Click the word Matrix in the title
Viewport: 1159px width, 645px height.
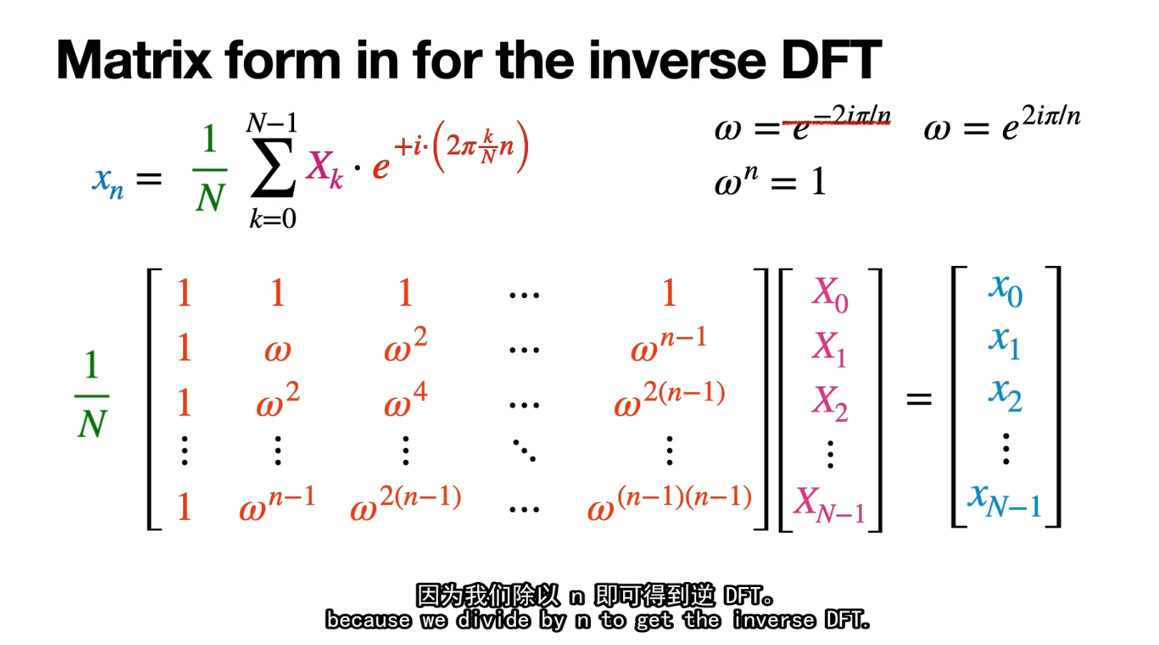(x=135, y=60)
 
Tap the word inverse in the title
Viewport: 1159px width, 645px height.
(x=678, y=60)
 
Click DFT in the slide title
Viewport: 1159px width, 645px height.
(x=831, y=60)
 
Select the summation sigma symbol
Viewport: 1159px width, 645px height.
(x=273, y=168)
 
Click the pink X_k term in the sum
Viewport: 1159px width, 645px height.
(x=324, y=169)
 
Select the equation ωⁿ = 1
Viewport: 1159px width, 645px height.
(x=771, y=181)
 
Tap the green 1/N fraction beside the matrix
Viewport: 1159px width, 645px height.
(x=92, y=394)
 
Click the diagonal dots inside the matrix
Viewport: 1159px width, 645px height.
(x=524, y=450)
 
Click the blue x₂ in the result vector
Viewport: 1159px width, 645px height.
(x=1004, y=395)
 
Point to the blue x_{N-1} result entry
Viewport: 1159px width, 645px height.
(x=1004, y=501)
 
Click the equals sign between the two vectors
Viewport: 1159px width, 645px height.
(x=919, y=399)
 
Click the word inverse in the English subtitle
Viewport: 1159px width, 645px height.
(x=773, y=620)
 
